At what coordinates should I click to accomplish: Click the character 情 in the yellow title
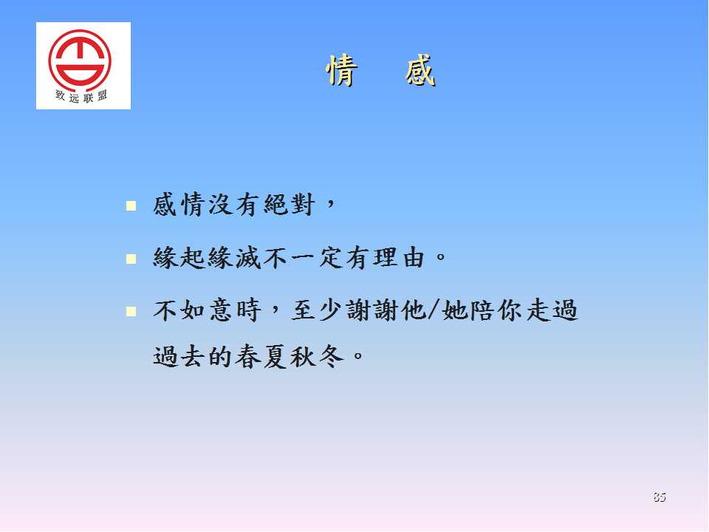342,70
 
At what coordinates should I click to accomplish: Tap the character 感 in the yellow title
420,70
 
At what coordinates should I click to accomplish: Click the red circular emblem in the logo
80,59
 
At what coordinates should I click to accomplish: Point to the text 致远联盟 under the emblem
81,96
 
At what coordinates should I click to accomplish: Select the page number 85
660,497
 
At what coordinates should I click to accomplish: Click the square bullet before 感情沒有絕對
131,206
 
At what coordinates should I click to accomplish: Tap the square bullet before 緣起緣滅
131,259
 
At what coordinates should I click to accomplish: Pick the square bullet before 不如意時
131,311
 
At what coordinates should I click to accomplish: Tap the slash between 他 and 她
434,311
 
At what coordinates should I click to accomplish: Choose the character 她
454,311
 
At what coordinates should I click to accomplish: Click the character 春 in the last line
248,356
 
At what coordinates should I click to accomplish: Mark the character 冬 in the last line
331,356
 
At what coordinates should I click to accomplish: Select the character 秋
304,356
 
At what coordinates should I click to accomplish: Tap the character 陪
482,311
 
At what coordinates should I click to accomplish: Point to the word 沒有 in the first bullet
234,205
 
